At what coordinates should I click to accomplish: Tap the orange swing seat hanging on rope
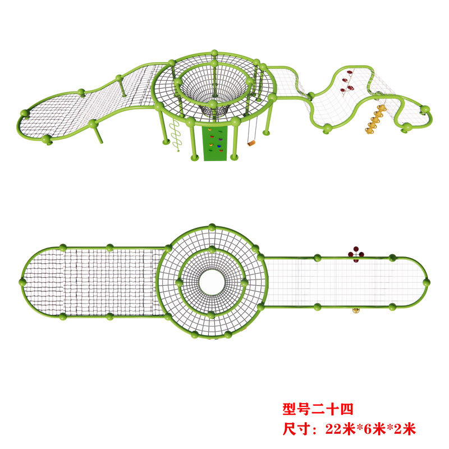[251, 143]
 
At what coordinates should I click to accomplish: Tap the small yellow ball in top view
[355, 309]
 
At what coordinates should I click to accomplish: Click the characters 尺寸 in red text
[294, 429]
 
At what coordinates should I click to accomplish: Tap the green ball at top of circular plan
[212, 227]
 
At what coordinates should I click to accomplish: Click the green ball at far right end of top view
[426, 282]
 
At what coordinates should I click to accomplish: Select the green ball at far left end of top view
[23, 281]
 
